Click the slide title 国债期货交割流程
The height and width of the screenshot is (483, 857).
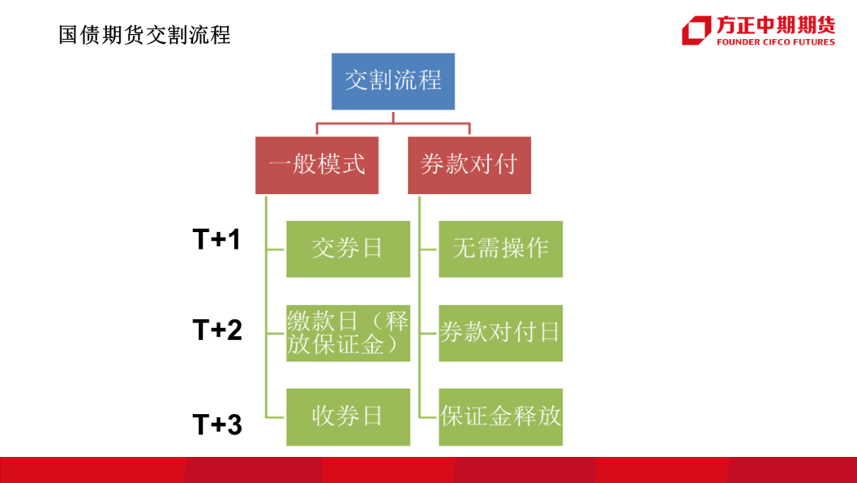(x=145, y=35)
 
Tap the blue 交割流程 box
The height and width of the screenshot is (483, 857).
(x=393, y=82)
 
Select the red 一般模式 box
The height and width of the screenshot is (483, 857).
(x=317, y=165)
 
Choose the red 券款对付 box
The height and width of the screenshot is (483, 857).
(x=470, y=165)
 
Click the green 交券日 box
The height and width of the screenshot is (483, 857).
(x=348, y=249)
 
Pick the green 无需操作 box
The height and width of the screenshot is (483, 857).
(x=501, y=249)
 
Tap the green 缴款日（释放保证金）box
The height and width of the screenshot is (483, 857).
(x=348, y=333)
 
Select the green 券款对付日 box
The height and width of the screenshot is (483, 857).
(x=501, y=333)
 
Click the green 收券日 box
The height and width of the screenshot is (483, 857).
(x=348, y=417)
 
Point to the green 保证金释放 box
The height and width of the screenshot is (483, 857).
(x=501, y=417)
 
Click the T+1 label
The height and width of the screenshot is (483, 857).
(x=217, y=240)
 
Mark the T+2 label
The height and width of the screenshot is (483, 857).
(x=217, y=330)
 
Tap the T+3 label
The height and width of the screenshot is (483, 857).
(x=217, y=424)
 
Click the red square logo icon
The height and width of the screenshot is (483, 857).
(x=697, y=30)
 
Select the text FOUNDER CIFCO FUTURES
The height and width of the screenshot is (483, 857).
(x=775, y=42)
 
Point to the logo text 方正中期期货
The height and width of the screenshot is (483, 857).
(x=776, y=25)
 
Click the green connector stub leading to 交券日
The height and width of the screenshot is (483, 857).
(x=276, y=249)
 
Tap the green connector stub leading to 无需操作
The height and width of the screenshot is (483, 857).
(x=429, y=249)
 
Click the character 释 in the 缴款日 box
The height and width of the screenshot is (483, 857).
(x=397, y=321)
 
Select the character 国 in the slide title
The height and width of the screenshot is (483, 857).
(x=67, y=35)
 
